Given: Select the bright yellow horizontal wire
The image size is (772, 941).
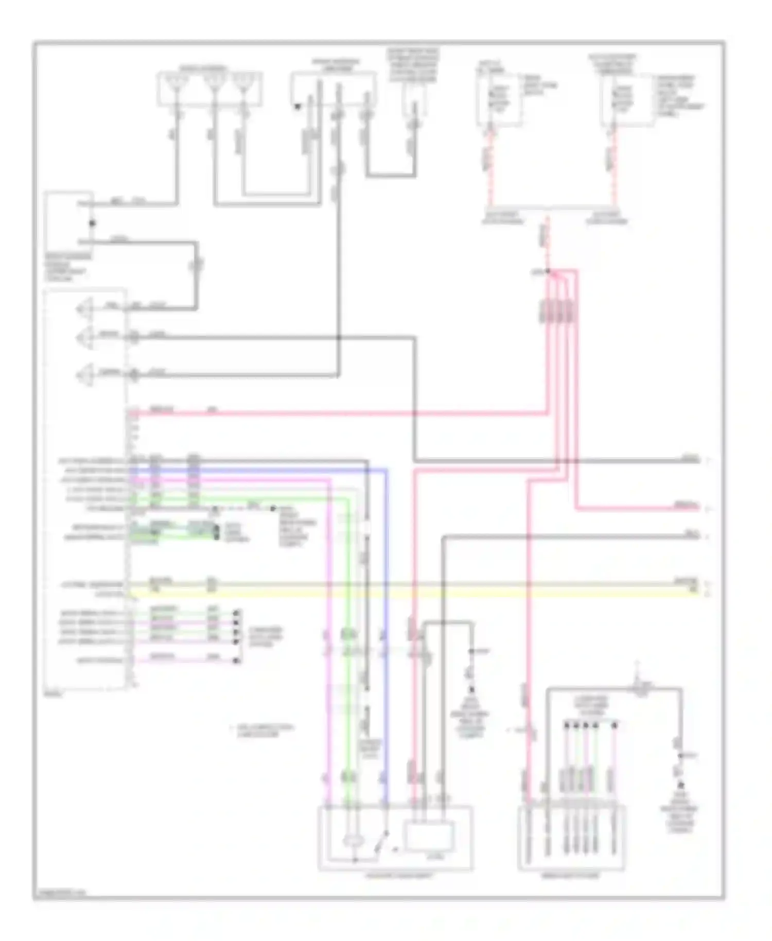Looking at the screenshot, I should click(x=412, y=594).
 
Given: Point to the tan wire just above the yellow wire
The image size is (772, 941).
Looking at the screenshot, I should click(x=412, y=585).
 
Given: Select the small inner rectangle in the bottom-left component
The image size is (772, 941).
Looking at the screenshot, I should click(x=430, y=837).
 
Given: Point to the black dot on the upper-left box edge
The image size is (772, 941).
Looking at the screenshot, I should click(x=93, y=223).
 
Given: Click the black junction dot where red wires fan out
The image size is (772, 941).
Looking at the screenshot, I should click(x=548, y=271).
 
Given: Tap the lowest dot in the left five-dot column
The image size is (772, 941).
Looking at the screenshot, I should click(x=237, y=660).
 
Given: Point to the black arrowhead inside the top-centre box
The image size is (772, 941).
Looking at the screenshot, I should click(x=297, y=107).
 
